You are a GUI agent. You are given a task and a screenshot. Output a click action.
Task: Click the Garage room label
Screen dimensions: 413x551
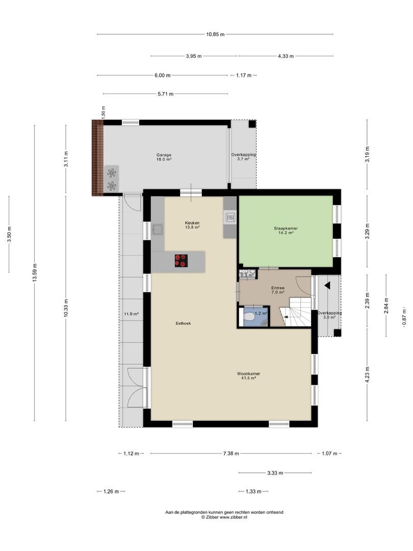(x=164, y=155)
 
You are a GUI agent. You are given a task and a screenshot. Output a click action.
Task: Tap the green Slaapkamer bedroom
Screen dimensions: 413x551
(x=286, y=231)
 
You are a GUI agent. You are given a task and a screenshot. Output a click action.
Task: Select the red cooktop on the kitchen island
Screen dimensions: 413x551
(x=181, y=261)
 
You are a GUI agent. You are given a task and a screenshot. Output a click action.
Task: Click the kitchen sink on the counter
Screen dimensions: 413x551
(x=157, y=230)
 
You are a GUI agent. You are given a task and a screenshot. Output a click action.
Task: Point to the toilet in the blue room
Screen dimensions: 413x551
(x=249, y=316)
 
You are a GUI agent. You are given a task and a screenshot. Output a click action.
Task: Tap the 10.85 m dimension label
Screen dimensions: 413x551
(x=215, y=35)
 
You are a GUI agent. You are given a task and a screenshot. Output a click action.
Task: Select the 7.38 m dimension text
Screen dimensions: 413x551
(x=231, y=454)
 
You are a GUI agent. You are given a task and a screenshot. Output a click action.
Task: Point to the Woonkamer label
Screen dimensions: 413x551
(x=248, y=374)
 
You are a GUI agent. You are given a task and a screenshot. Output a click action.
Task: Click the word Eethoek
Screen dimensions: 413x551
(x=184, y=323)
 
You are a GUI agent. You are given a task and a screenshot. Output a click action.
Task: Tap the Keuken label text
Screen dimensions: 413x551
(x=192, y=223)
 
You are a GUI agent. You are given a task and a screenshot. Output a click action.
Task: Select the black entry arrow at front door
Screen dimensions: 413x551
(x=327, y=286)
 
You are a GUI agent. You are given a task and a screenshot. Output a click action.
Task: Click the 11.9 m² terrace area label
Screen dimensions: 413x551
(x=131, y=314)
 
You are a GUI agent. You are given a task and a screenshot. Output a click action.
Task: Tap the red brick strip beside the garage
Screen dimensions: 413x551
(x=97, y=158)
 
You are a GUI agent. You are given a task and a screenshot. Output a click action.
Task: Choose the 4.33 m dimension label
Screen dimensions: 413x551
(x=286, y=56)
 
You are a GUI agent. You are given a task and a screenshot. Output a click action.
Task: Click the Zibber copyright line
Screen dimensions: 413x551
(x=224, y=517)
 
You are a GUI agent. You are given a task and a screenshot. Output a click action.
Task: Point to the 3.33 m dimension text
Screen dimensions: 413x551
(x=275, y=473)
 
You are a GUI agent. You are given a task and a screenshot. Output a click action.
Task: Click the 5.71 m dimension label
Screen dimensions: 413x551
(x=165, y=94)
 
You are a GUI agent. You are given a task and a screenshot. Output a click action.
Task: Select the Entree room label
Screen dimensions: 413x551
(x=278, y=288)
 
